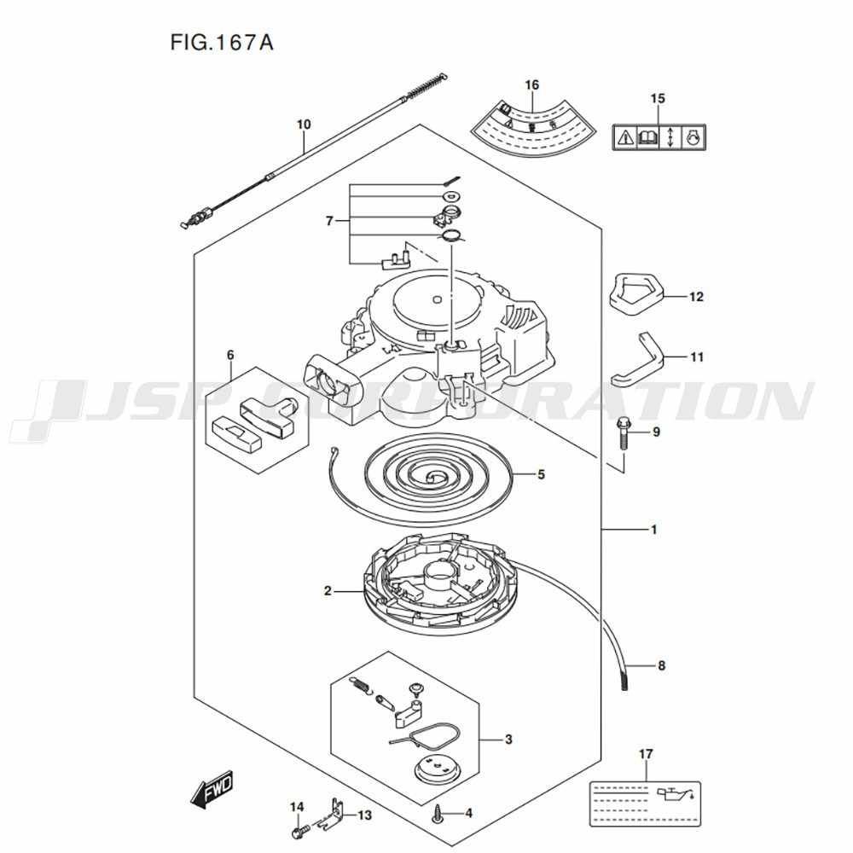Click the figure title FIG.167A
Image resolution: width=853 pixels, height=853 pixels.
click(222, 43)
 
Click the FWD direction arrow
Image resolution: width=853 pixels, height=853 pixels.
click(212, 788)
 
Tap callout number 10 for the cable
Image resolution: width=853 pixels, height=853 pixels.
click(304, 125)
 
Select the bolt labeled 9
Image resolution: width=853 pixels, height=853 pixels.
click(623, 433)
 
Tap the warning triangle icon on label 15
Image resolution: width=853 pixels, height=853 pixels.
click(624, 137)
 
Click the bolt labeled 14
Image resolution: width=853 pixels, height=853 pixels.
click(300, 831)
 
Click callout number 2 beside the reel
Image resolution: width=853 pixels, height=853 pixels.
click(328, 591)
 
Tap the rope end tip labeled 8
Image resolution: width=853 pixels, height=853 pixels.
click(624, 680)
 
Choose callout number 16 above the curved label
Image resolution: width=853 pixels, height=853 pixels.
click(531, 84)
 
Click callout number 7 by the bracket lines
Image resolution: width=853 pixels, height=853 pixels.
click(329, 222)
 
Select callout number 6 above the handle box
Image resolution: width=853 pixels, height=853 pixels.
click(230, 355)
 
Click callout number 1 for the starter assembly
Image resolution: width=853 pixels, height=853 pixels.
click(654, 530)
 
